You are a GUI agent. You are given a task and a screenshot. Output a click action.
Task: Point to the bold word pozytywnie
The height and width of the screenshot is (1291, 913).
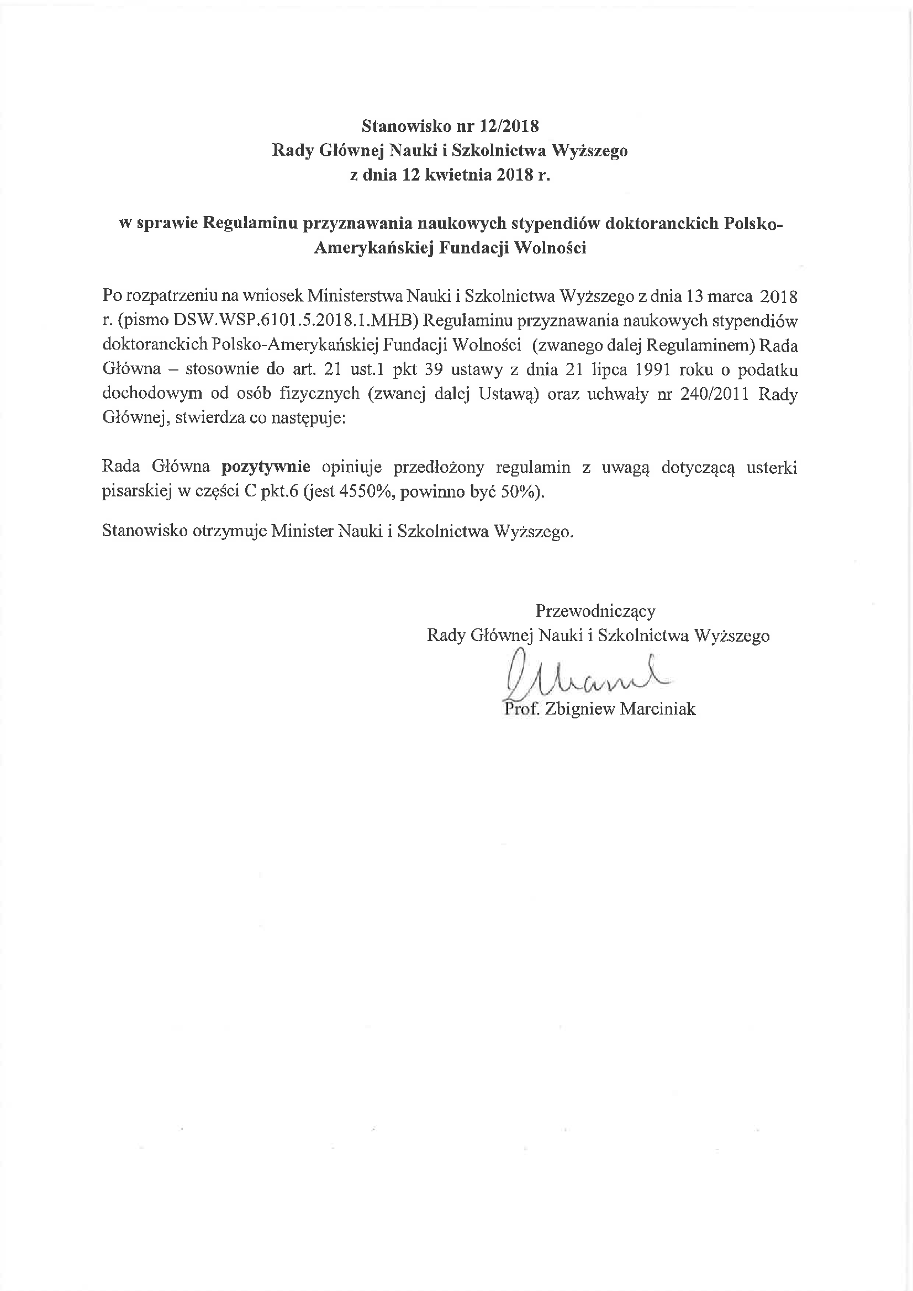tap(266, 467)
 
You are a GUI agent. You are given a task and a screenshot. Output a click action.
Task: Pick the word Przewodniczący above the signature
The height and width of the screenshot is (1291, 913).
tap(595, 611)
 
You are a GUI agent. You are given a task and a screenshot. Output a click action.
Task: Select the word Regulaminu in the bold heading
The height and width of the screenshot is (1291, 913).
tap(249, 223)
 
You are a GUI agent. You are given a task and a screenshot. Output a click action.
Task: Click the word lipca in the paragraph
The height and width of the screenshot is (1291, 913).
tap(619, 369)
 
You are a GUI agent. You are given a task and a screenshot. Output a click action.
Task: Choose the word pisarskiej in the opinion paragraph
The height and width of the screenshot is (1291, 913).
tap(132, 491)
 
